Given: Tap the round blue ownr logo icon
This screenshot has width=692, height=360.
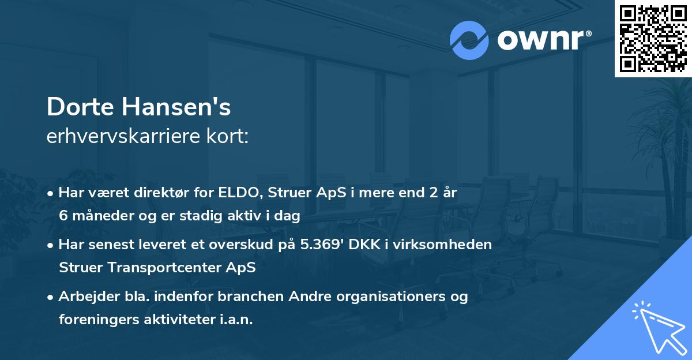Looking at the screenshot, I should click(x=469, y=40).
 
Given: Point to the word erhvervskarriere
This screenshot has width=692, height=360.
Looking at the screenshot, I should click(x=112, y=137).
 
